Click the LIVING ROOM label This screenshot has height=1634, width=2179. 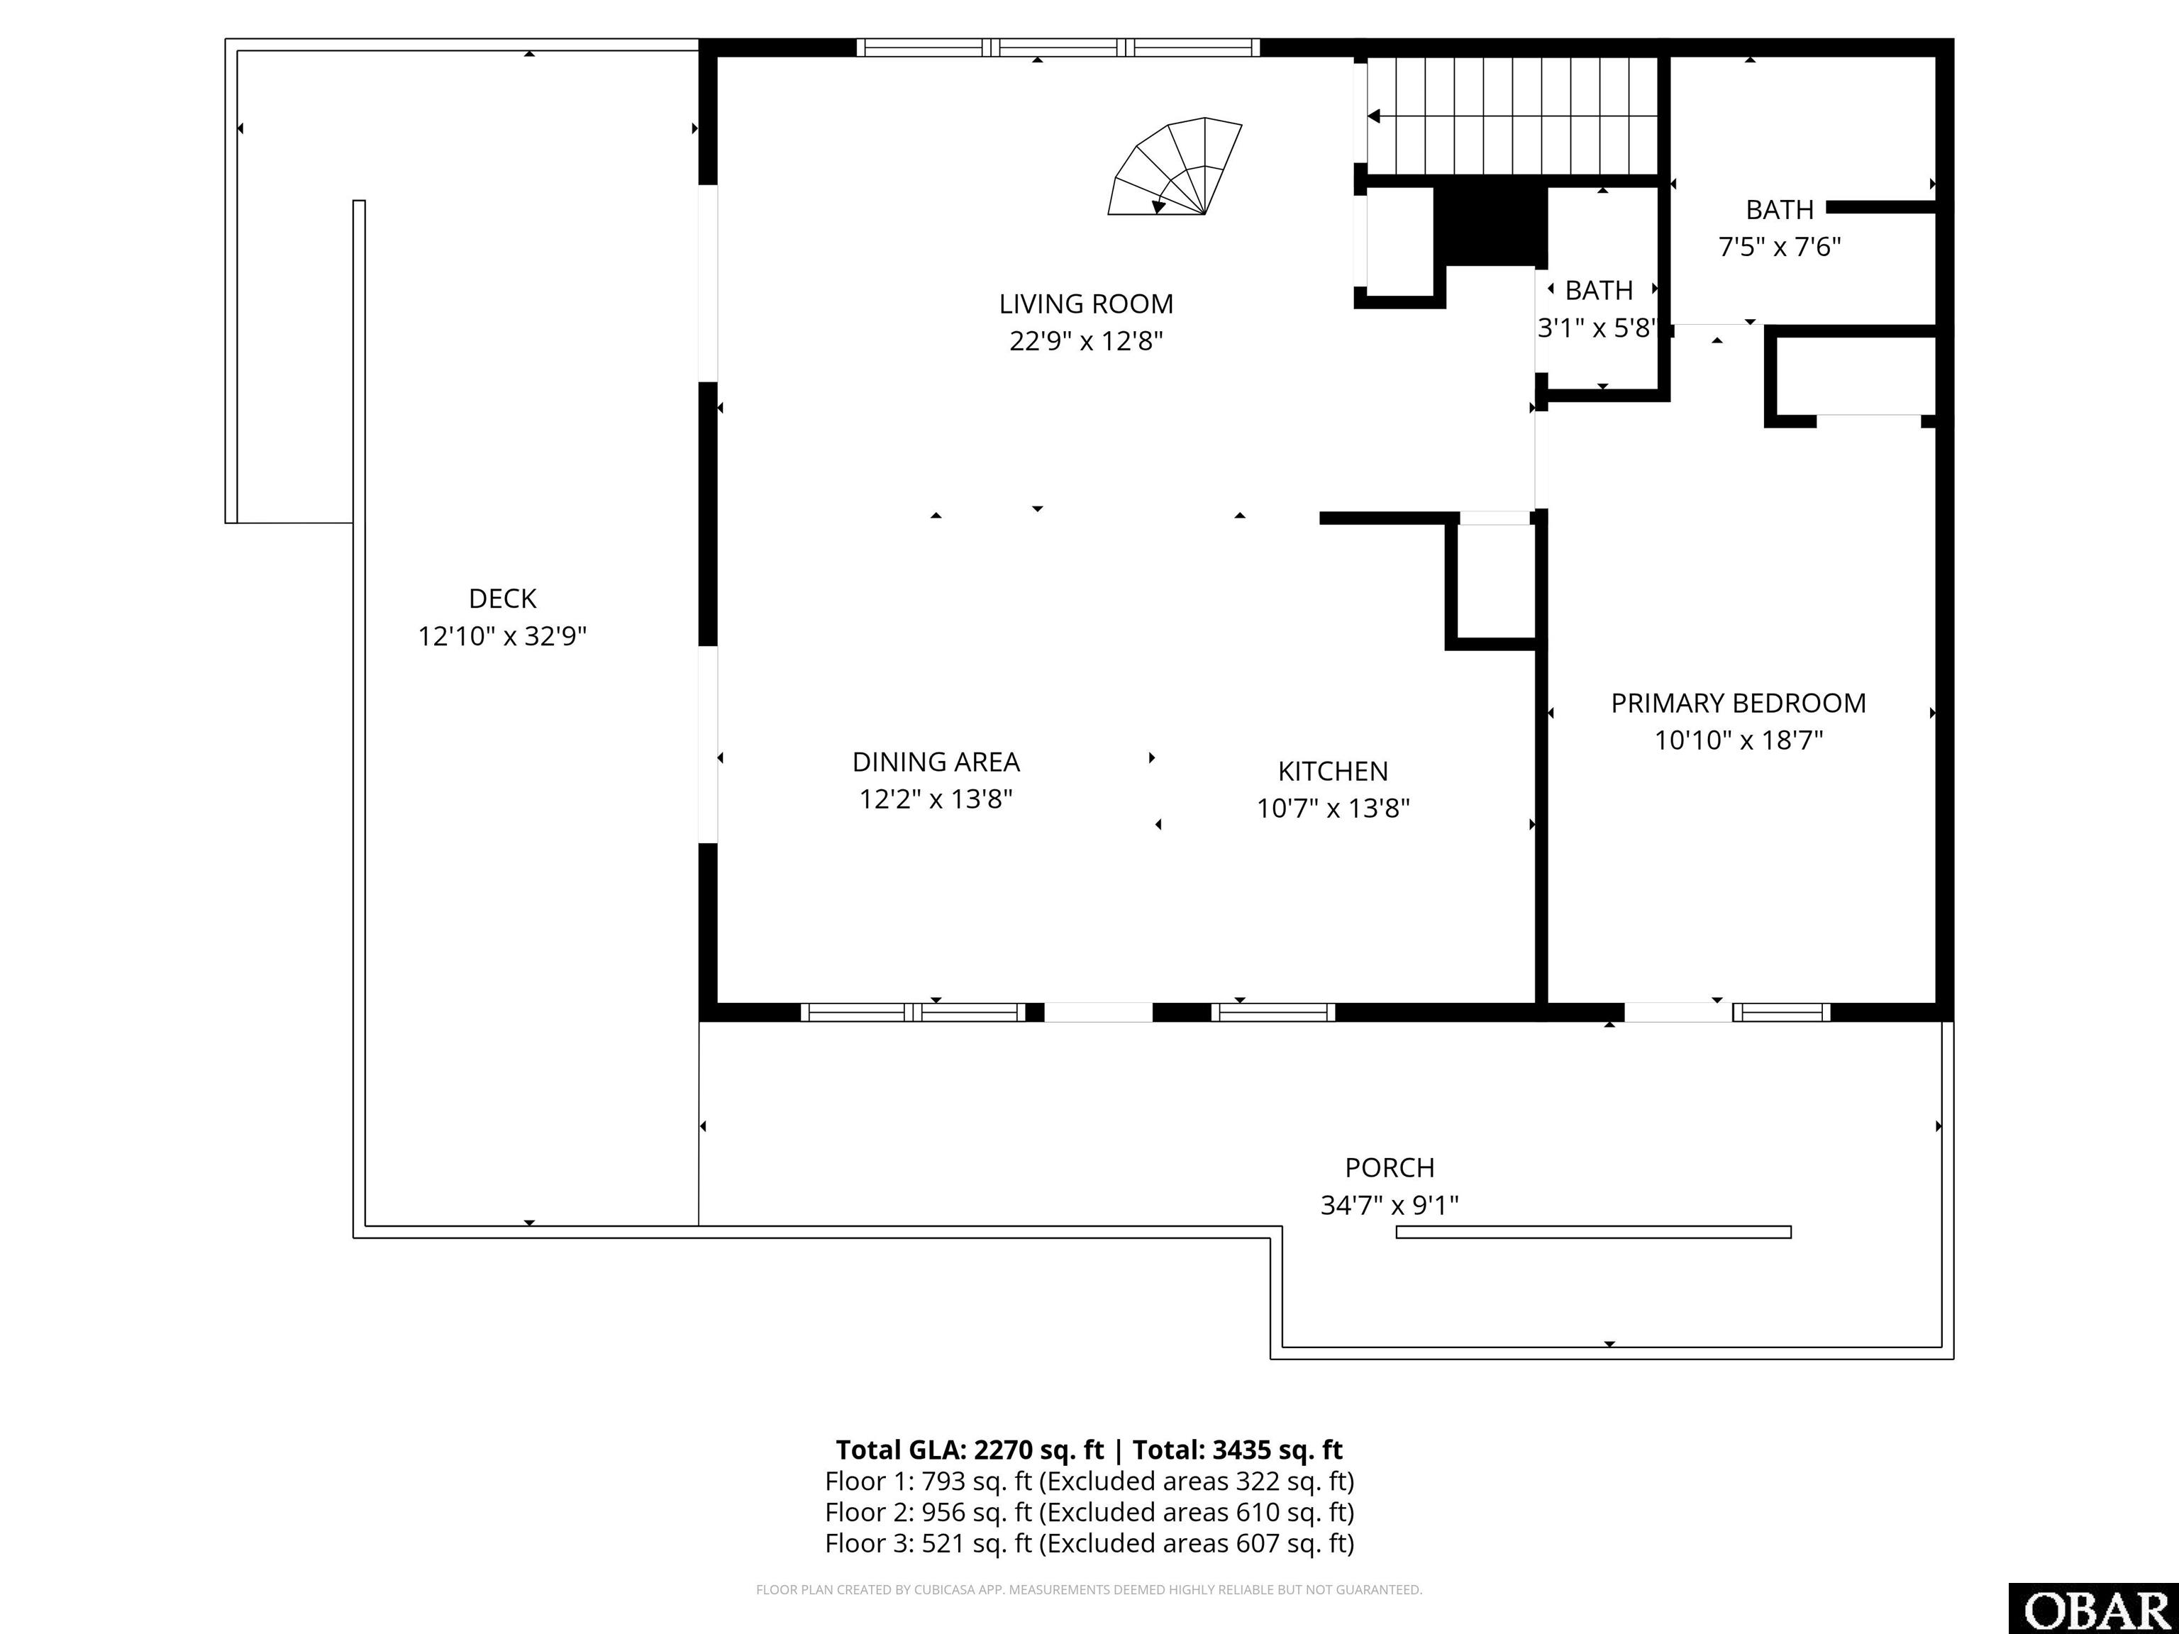coord(1085,304)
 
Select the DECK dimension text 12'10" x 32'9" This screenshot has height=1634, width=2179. coord(502,636)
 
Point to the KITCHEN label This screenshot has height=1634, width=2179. coord(1333,771)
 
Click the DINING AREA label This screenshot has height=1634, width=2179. coord(936,762)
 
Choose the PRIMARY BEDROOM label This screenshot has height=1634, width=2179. coord(1739,704)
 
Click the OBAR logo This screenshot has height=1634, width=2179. coord(2093,1609)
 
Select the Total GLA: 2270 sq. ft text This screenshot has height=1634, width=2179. coord(970,1450)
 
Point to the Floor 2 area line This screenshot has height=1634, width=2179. coord(1089,1512)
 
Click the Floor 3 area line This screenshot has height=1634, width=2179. coord(1089,1543)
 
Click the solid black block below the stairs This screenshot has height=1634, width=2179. coord(1490,226)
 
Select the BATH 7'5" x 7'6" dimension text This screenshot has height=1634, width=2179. coord(1779,246)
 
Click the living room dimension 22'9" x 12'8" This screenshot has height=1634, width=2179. coord(1085,341)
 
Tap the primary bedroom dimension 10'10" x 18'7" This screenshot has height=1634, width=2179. coord(1739,740)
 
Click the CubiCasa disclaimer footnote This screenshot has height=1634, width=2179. coord(1089,1590)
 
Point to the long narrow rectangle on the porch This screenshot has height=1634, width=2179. coord(1593,1232)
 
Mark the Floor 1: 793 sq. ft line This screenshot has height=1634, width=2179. coord(1089,1482)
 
